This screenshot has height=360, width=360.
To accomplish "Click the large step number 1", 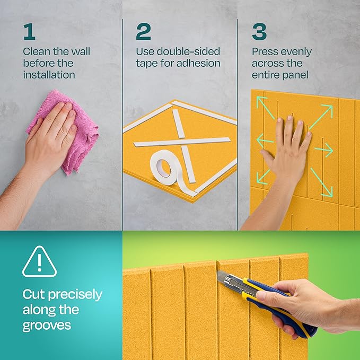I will (29, 32).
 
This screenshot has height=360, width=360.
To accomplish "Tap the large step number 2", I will (143, 32).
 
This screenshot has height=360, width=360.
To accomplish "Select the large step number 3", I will (259, 32).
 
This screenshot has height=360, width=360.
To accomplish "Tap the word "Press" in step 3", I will (265, 52).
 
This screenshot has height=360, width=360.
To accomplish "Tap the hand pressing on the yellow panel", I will (289, 148).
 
